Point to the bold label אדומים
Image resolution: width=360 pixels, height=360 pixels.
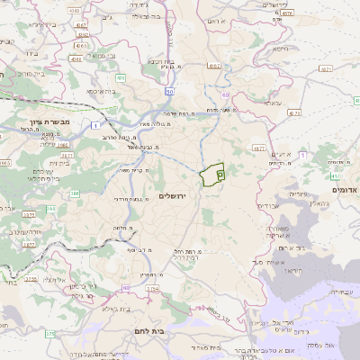pos(345,190)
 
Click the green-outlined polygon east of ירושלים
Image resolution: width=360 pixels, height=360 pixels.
pos(211,175)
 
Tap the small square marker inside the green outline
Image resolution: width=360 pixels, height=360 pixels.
pos(220,172)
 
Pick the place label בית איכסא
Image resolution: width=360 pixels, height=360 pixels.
pos(102,91)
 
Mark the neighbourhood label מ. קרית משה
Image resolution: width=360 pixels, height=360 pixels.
pos(131,169)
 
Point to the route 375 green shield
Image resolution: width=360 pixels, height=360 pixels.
pos(50,334)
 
